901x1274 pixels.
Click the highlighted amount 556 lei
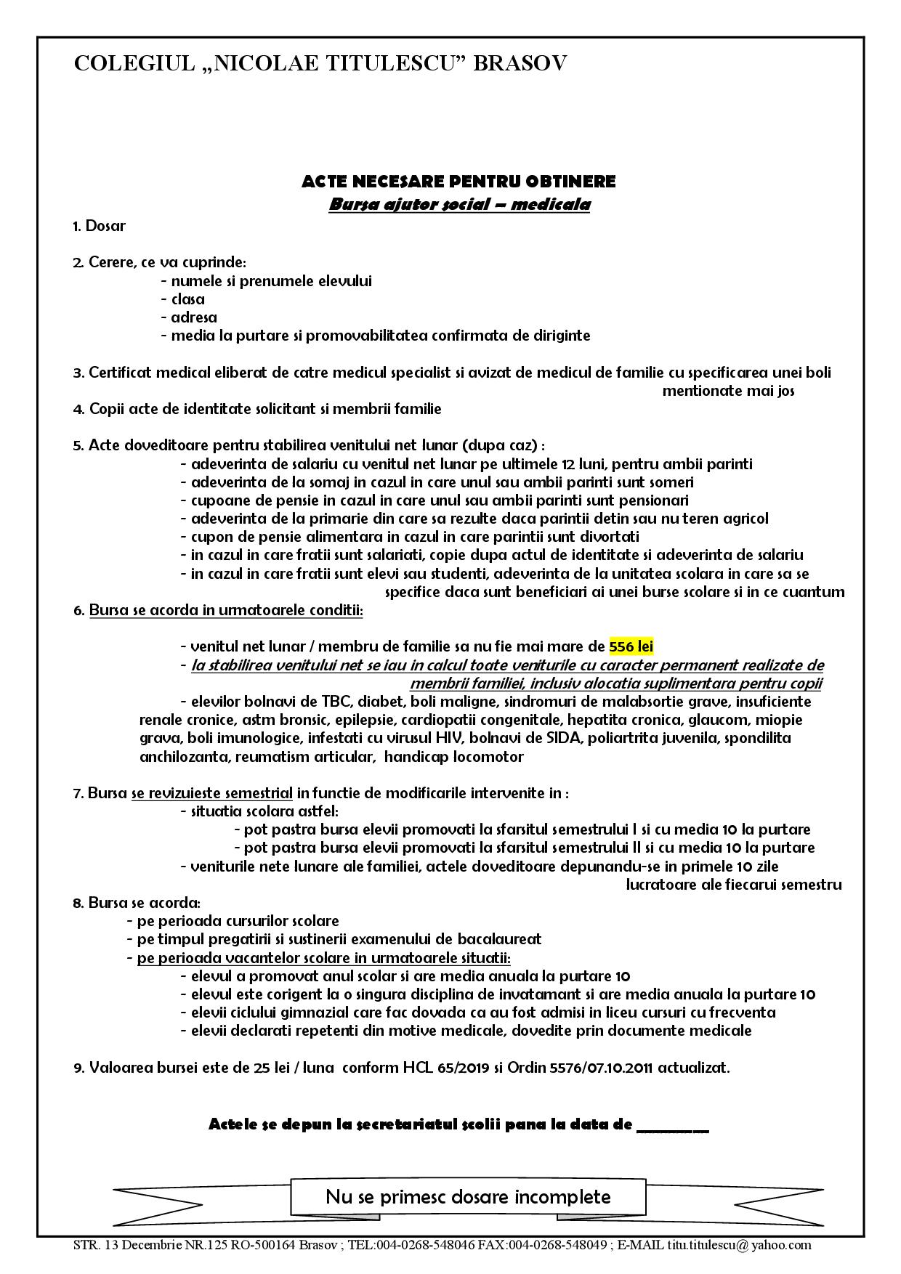[631, 646]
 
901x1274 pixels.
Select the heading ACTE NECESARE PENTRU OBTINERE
[458, 181]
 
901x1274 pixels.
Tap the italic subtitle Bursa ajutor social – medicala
[459, 204]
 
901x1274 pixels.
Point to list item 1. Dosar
[100, 226]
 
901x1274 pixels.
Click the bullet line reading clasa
[188, 299]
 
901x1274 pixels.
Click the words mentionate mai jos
[728, 391]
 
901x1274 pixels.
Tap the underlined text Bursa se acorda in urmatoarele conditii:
[226, 610]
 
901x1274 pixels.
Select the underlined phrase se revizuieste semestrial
[212, 793]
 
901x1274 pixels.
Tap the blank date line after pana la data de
[672, 1125]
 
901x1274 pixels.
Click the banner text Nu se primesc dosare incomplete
[468, 1196]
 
